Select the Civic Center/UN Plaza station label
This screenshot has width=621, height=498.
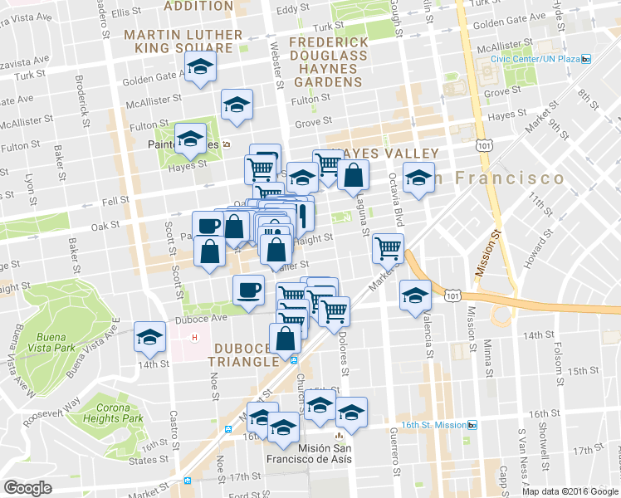click(x=534, y=59)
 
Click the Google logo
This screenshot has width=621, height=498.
click(x=28, y=488)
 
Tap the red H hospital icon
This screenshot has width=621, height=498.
click(x=195, y=338)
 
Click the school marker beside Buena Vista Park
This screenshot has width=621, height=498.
click(x=149, y=336)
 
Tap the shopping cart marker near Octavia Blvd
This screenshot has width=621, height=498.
click(x=388, y=247)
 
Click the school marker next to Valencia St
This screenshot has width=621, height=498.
click(x=414, y=295)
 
